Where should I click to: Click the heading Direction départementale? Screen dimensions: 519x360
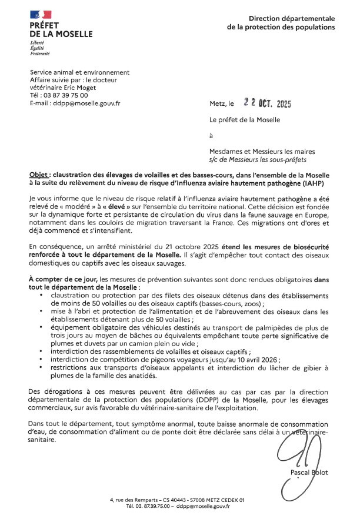point(292,19)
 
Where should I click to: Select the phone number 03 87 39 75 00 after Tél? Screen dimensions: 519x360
point(65,95)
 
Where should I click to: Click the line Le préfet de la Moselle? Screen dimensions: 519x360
point(245,120)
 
